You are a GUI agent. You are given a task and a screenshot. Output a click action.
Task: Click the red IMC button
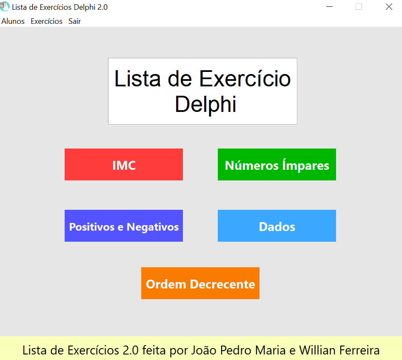[x=123, y=164]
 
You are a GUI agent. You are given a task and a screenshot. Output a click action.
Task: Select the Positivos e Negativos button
[x=123, y=226]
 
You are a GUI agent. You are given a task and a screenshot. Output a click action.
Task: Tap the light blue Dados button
[x=277, y=226]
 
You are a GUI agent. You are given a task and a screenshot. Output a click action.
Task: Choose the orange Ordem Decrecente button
[x=200, y=283]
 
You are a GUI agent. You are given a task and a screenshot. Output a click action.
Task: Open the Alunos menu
[x=13, y=21]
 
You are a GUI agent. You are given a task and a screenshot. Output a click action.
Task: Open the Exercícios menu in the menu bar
[x=47, y=21]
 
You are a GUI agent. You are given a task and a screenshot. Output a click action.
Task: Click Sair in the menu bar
[x=74, y=21]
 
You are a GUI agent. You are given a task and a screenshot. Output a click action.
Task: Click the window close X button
[x=389, y=7]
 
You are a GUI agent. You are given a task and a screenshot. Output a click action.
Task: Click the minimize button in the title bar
[x=329, y=7]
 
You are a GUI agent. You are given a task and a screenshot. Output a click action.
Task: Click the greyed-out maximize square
[x=359, y=7]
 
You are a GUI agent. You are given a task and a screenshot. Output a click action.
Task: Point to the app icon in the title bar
[x=5, y=6]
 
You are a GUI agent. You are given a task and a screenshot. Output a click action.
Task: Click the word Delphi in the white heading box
[x=205, y=105]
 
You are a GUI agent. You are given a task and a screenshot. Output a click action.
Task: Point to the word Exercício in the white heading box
[x=245, y=79]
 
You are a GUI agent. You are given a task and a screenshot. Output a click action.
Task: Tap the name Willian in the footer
[x=317, y=350]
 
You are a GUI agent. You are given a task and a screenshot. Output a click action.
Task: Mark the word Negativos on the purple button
[x=153, y=227]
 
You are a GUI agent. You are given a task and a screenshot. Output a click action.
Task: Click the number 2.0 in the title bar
[x=103, y=7]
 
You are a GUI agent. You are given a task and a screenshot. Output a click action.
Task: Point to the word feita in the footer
[x=154, y=350]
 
